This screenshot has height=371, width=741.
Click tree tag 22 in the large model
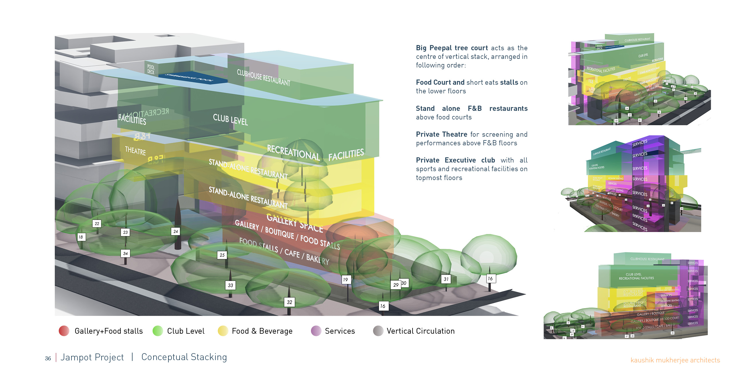pyautogui.click(x=97, y=223)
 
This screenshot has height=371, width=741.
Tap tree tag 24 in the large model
pyautogui.click(x=176, y=231)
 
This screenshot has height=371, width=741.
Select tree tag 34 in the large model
pyautogui.click(x=125, y=254)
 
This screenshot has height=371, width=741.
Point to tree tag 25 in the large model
pyautogui.click(x=222, y=255)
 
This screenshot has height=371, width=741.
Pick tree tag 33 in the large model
pyautogui.click(x=230, y=285)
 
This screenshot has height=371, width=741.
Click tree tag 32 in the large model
pyautogui.click(x=289, y=302)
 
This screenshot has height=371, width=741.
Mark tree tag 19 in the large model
pyautogui.click(x=346, y=279)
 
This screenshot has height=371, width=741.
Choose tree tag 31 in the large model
pyautogui.click(x=446, y=279)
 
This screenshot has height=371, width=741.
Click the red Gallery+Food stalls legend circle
pyautogui.click(x=64, y=331)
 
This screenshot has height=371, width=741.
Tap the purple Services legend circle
pyautogui.click(x=316, y=331)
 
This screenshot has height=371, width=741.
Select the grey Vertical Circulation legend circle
pyautogui.click(x=378, y=331)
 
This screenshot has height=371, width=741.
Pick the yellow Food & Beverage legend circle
pyautogui.click(x=223, y=331)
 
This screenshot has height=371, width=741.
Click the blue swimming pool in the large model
pyautogui.click(x=193, y=77)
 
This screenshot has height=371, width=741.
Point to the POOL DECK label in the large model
pyautogui.click(x=151, y=69)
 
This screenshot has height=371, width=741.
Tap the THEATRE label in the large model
pyautogui.click(x=135, y=151)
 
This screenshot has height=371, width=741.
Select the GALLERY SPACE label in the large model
pyautogui.click(x=295, y=223)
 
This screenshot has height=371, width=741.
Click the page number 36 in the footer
pyautogui.click(x=48, y=358)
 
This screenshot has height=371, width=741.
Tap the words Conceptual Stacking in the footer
pyautogui.click(x=184, y=357)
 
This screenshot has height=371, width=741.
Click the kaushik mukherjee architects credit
pyautogui.click(x=675, y=360)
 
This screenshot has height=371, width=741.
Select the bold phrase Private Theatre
pyautogui.click(x=441, y=134)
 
